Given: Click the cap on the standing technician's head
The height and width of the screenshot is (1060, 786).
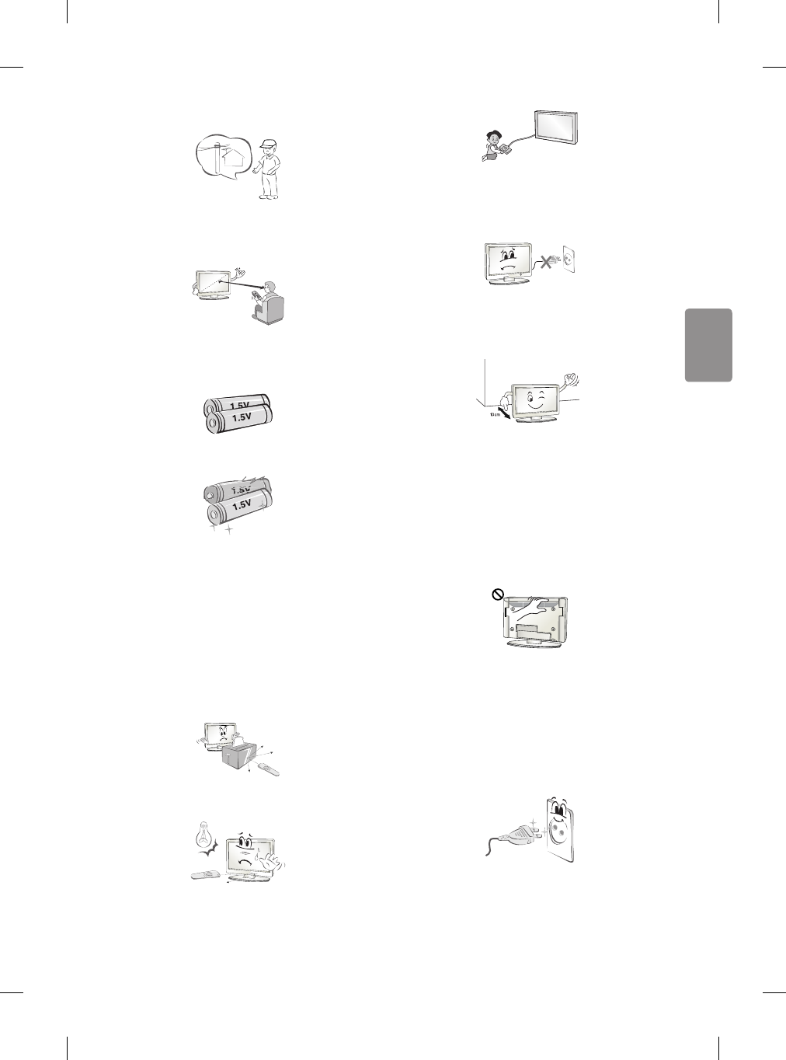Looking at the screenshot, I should [269, 144].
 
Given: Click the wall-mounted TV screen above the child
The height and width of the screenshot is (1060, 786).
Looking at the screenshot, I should [556, 126].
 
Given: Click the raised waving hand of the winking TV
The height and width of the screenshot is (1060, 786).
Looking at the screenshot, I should [574, 380].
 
